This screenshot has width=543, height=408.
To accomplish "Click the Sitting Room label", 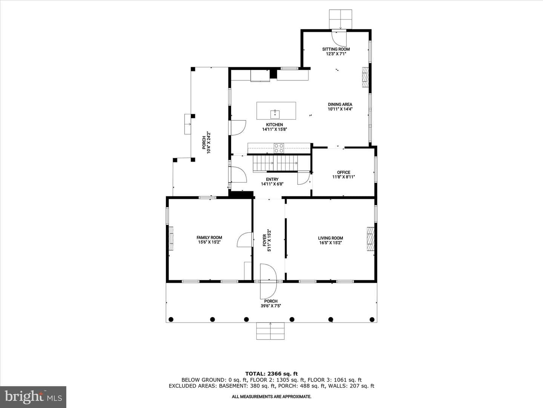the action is click(x=336, y=49).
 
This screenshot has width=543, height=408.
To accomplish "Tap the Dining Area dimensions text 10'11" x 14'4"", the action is click(x=340, y=109).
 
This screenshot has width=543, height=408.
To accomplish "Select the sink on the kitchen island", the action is click(x=275, y=114).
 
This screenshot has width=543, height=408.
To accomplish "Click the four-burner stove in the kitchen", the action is click(x=279, y=148).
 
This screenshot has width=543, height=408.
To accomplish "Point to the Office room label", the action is click(x=344, y=172).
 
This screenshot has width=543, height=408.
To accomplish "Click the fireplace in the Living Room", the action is click(x=370, y=239).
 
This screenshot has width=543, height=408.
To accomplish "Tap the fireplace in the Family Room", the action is click(x=171, y=239).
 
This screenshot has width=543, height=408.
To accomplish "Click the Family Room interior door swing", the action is click(x=245, y=240).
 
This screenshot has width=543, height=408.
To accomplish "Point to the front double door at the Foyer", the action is click(x=268, y=281).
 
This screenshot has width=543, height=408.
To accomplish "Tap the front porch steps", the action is click(x=270, y=331).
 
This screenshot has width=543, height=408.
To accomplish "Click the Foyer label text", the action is click(x=264, y=240).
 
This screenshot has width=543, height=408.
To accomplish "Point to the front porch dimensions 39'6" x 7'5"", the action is click(x=271, y=306).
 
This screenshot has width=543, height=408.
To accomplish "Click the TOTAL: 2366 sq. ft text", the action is click(x=271, y=374).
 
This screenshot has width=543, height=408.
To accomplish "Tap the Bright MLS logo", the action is click(x=33, y=397).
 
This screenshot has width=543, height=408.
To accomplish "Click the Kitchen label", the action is click(x=275, y=125).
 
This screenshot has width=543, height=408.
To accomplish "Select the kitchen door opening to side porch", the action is click(x=237, y=128).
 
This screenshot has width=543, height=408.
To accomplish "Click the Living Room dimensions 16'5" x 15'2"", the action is click(x=330, y=243).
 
